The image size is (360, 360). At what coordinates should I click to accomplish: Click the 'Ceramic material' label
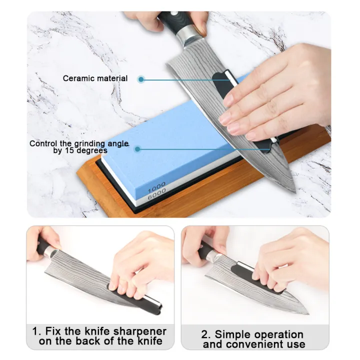[95, 78]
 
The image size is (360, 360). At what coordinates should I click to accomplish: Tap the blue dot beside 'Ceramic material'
[141, 79]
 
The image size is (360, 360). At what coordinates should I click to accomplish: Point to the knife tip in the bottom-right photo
[306, 312]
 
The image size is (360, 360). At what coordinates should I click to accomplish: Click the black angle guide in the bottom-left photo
[135, 294]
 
